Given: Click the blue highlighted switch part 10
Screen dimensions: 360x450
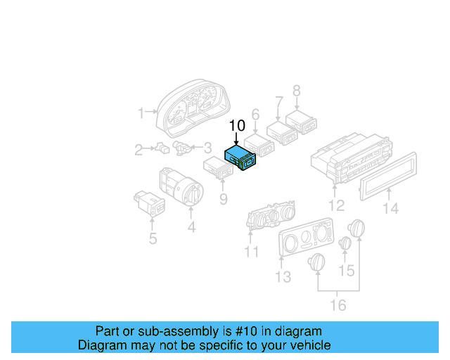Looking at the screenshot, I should [x=241, y=159].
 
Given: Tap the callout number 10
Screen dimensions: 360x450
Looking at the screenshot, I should [x=237, y=126].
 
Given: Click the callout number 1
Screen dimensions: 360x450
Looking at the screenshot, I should [x=141, y=112].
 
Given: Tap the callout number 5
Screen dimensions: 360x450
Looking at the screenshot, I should [x=153, y=238].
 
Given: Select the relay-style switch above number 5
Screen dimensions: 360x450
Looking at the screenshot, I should [x=150, y=200].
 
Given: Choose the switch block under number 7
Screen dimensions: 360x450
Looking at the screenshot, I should [x=283, y=131].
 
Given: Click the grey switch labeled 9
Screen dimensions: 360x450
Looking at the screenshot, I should [x=218, y=167].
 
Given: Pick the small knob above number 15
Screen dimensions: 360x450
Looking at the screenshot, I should [x=345, y=243].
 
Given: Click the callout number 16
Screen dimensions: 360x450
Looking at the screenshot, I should [x=338, y=304].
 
